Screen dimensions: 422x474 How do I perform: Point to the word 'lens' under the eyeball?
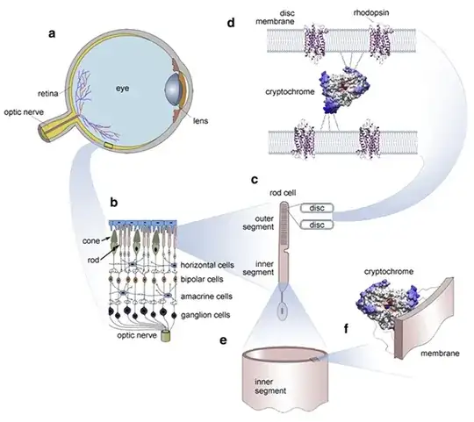click(202, 144)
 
